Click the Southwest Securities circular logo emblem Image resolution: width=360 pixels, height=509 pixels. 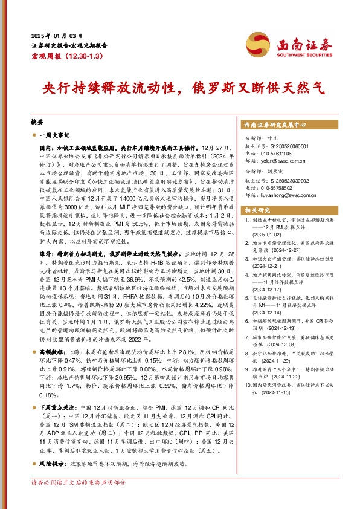click(265, 41)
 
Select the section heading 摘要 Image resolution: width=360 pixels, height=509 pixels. click(37, 122)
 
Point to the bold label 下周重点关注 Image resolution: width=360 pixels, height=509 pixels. click(58, 409)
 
